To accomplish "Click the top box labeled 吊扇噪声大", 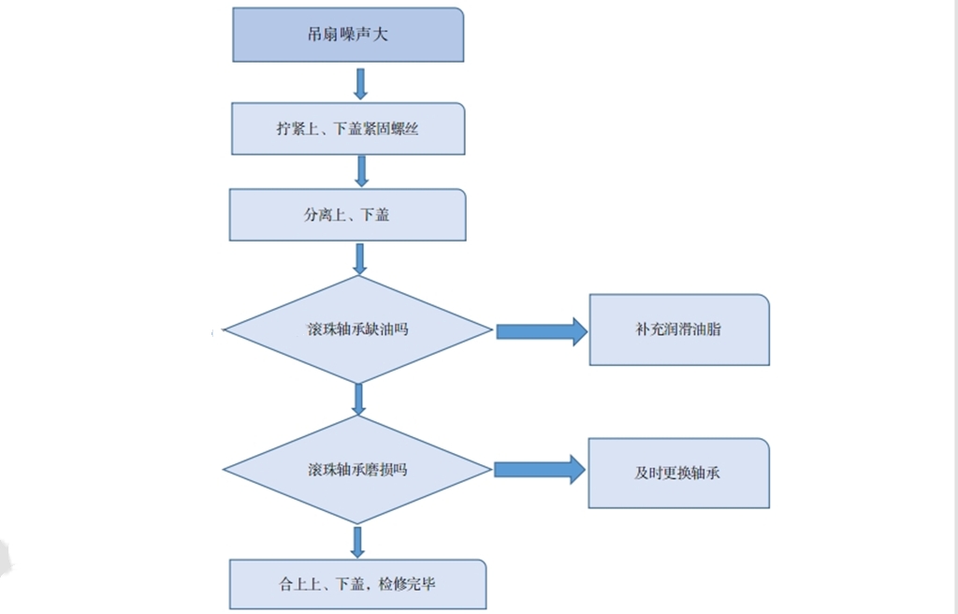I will tap(348, 36).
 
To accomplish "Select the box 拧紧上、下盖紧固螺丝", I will tap(348, 129).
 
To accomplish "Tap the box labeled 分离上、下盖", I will tap(348, 215).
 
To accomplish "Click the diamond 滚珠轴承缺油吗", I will tap(357, 330).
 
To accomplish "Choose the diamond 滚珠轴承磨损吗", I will tap(357, 470).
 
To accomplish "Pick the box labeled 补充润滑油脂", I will tap(679, 330).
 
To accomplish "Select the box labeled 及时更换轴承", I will tap(678, 474).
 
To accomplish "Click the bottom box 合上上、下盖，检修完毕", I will tap(357, 585).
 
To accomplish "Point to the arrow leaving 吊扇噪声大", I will tap(360, 83).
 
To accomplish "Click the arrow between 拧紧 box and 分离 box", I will tap(361, 170).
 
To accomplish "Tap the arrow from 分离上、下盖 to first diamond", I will tap(359, 258).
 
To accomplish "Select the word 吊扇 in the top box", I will tap(323, 36).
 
